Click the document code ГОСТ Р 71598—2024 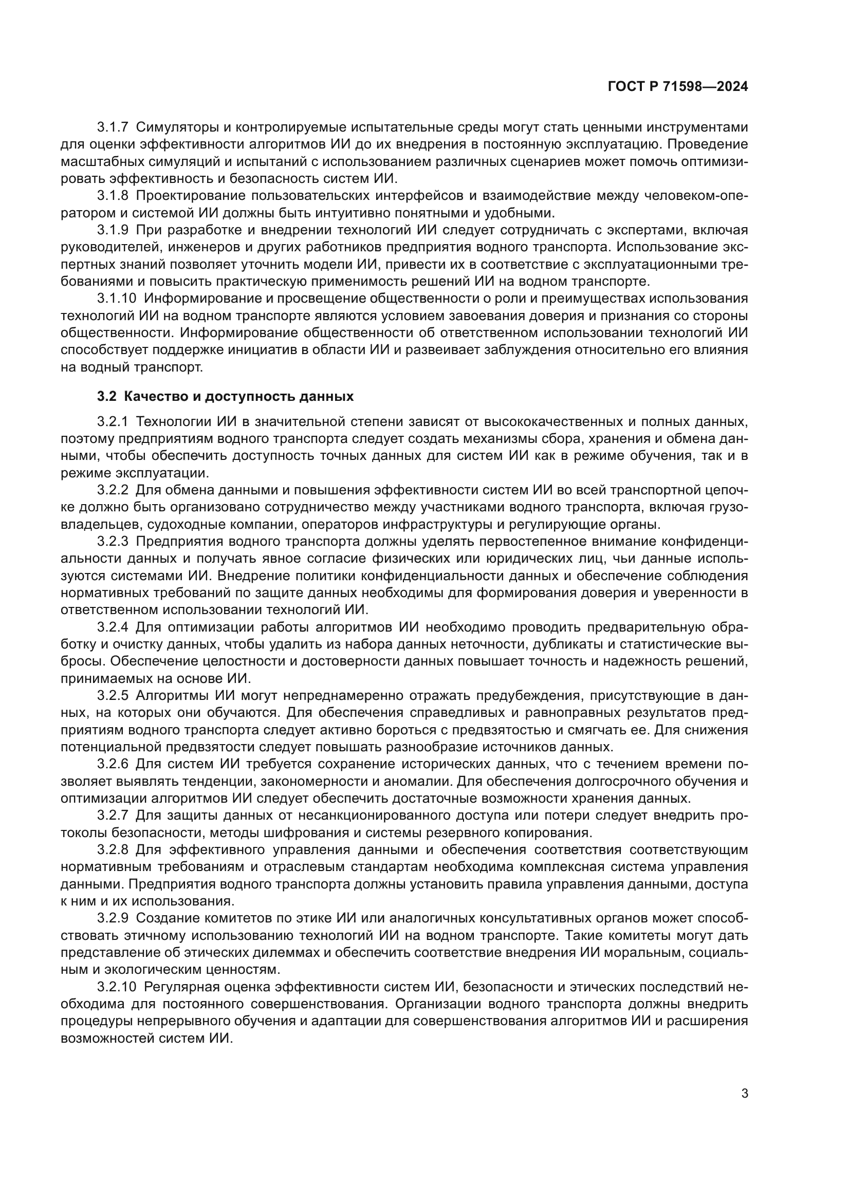click(x=678, y=87)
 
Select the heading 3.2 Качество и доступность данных click(x=225, y=396)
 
